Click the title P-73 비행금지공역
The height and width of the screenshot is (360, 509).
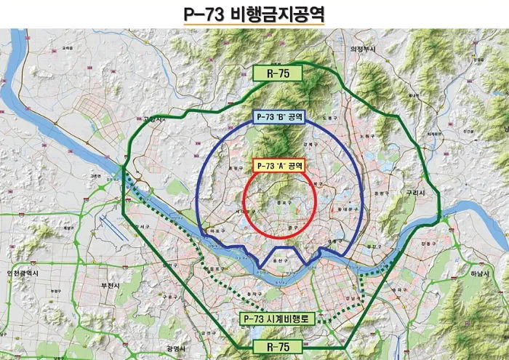point(254,13)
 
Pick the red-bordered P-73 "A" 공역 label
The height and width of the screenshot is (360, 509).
point(278,165)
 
